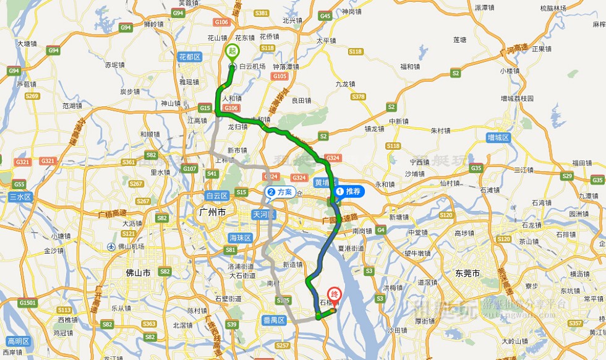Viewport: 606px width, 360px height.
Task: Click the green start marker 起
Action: click(233, 51)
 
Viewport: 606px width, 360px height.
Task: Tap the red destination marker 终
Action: click(334, 295)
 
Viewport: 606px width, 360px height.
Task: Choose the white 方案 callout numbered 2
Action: click(280, 192)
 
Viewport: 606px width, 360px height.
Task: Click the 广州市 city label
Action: click(213, 212)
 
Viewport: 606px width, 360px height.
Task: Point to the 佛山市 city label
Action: click(138, 272)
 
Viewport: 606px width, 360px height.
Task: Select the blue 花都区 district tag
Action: click(190, 57)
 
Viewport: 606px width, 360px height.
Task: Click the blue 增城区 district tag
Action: click(498, 137)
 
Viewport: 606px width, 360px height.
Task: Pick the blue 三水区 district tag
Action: click(19, 197)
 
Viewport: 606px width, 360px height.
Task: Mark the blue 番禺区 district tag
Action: click(272, 320)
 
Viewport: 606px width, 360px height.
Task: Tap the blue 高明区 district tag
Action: click(19, 341)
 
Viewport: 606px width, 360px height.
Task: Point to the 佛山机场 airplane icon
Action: click(111, 246)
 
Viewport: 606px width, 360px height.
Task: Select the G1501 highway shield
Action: click(27, 303)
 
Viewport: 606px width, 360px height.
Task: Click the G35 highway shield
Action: click(476, 168)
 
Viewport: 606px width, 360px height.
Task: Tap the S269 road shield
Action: click(32, 96)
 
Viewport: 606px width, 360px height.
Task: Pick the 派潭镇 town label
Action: click(485, 7)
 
